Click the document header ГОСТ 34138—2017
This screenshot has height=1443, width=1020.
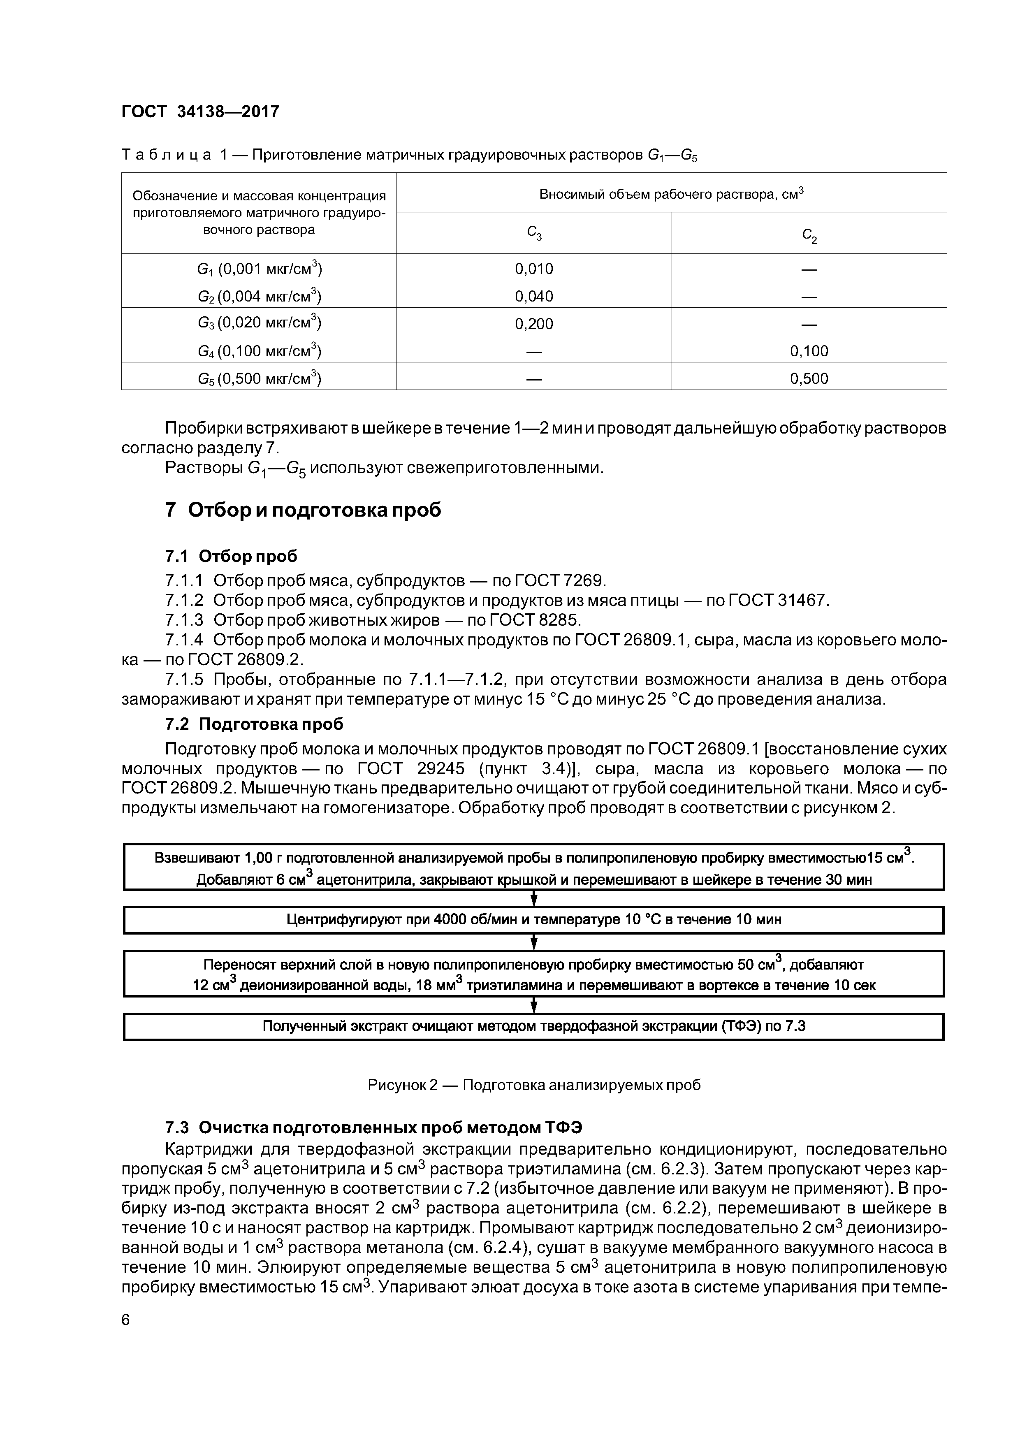200,112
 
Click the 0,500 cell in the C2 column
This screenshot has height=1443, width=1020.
809,378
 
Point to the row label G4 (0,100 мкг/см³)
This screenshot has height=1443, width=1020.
259,351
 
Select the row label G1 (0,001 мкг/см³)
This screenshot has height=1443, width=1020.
259,269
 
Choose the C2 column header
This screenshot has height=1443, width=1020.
809,234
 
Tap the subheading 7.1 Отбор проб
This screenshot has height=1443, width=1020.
231,556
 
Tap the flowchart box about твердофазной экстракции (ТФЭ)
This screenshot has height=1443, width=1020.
533,1027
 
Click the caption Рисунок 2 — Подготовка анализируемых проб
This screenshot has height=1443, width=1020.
533,1086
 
